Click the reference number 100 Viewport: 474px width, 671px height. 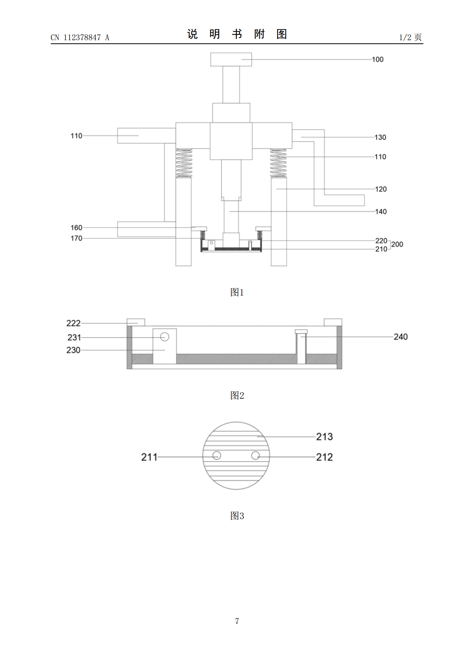378,59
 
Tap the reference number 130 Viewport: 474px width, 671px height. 380,137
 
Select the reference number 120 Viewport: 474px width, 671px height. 381,189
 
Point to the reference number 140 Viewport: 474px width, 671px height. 381,212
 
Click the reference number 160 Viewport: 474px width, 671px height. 76,228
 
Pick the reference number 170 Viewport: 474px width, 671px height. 76,238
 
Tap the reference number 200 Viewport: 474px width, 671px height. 397,244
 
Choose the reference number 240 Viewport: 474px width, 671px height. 401,337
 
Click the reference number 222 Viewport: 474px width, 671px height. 73,323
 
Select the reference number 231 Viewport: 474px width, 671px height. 74,337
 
